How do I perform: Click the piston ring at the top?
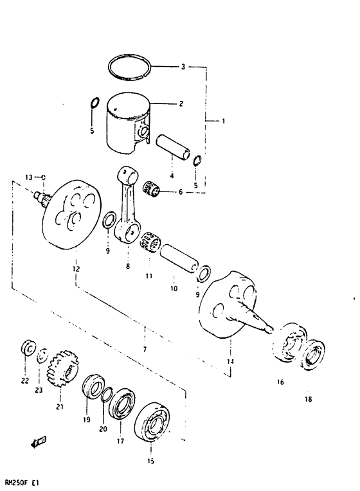(131, 66)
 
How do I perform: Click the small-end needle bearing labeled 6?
(152, 189)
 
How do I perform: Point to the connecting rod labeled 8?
(129, 205)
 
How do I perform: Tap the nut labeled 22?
(28, 348)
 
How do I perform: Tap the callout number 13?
(29, 176)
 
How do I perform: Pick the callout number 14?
(230, 362)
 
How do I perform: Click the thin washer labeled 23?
(42, 353)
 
